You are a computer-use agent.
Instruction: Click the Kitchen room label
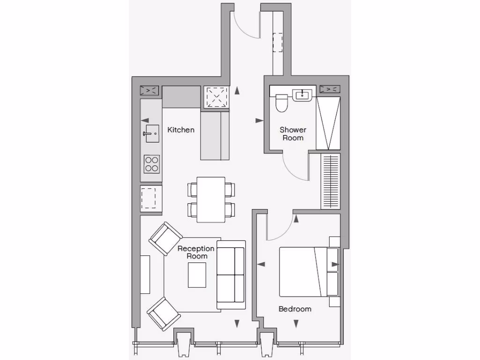(x=180, y=130)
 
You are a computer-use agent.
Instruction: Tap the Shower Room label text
(x=293, y=134)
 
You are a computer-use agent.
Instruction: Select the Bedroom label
(x=295, y=309)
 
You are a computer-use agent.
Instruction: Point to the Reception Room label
(x=196, y=252)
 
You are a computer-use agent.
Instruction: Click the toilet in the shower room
(x=282, y=103)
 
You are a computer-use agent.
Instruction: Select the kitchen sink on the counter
(x=151, y=133)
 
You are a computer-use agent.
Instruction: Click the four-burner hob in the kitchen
(x=151, y=164)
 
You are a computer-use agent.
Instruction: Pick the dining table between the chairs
(x=210, y=200)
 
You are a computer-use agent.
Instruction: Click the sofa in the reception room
(x=231, y=275)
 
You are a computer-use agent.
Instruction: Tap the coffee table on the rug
(x=197, y=275)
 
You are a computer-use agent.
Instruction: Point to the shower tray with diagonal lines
(x=328, y=123)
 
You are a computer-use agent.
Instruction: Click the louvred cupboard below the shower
(x=330, y=181)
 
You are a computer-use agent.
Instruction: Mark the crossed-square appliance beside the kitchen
(x=216, y=97)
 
